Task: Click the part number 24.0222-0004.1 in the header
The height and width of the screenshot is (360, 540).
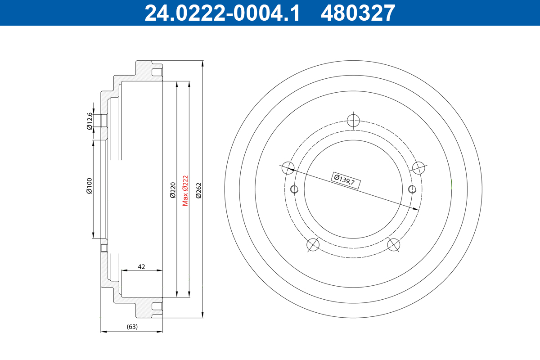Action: pyautogui.click(x=222, y=13)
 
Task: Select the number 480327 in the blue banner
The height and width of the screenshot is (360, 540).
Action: pyautogui.click(x=358, y=13)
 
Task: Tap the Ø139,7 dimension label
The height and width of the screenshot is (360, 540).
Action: pyautogui.click(x=345, y=180)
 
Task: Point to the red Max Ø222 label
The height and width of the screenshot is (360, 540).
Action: pyautogui.click(x=185, y=190)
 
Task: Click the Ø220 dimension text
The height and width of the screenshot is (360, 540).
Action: pyautogui.click(x=172, y=190)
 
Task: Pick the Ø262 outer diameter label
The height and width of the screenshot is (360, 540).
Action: pyautogui.click(x=198, y=190)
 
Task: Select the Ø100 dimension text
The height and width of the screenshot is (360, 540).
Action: pyautogui.click(x=89, y=186)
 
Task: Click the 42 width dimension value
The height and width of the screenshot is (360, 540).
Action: pyautogui.click(x=141, y=267)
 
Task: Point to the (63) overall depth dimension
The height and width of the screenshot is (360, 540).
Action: pyautogui.click(x=132, y=327)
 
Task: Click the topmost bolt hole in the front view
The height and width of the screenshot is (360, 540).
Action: pyautogui.click(x=354, y=120)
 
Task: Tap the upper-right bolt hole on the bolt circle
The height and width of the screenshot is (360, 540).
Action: pyautogui.click(x=419, y=167)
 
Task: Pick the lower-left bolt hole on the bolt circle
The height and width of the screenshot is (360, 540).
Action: pyautogui.click(x=313, y=245)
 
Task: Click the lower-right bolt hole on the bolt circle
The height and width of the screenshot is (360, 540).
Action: pyautogui.click(x=394, y=245)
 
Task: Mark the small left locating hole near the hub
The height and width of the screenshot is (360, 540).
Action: pyautogui.click(x=295, y=189)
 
